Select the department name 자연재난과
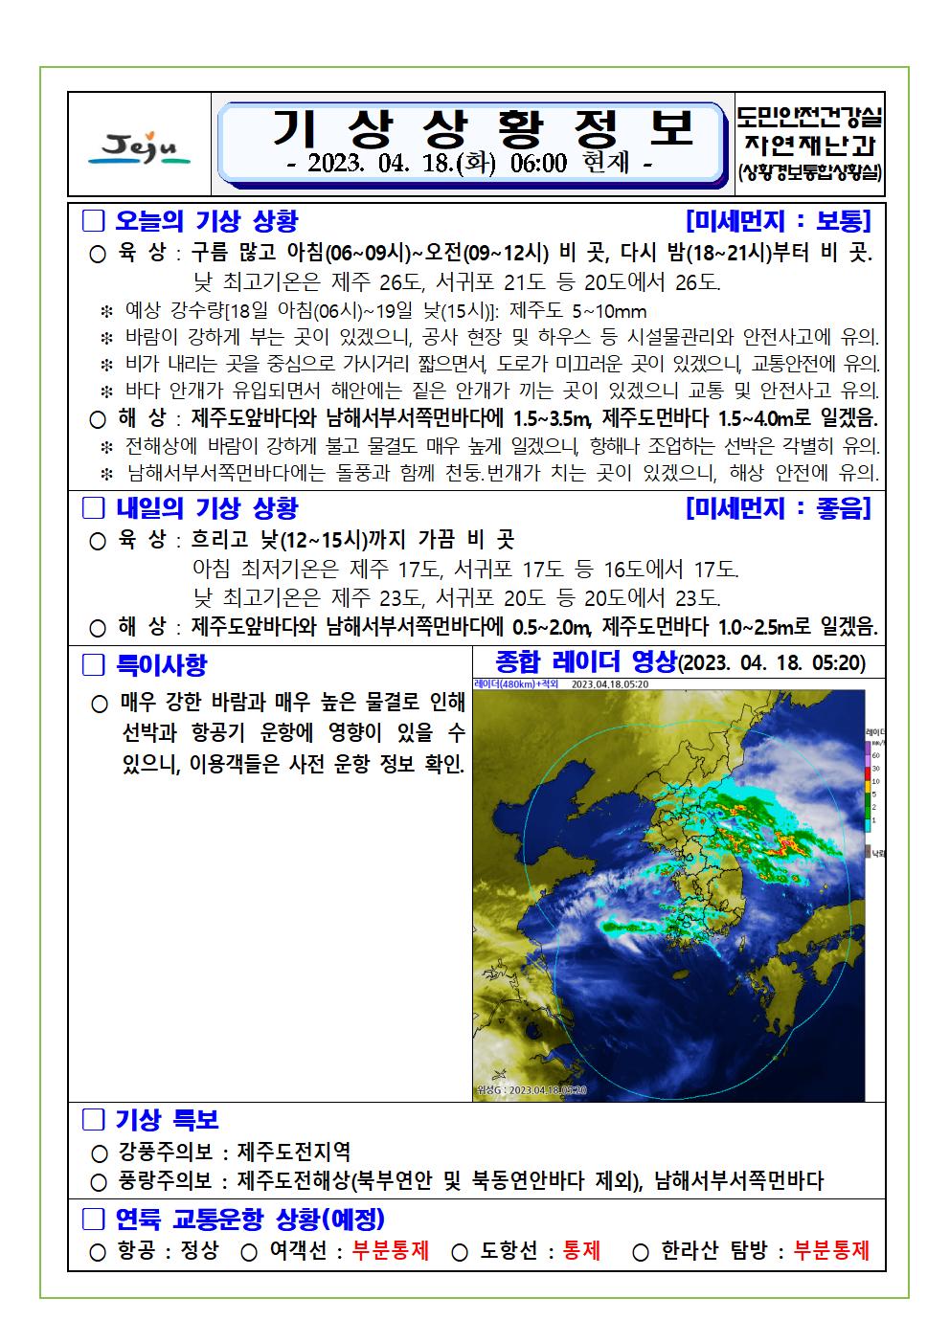(x=810, y=145)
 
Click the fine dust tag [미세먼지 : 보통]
(x=778, y=222)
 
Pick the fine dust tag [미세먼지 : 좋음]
(x=778, y=508)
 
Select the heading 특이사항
(x=161, y=664)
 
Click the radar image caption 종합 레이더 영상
(x=585, y=661)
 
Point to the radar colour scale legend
(x=872, y=785)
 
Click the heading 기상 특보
(x=167, y=1119)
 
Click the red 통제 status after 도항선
(x=582, y=1250)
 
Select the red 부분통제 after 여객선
(x=391, y=1250)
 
